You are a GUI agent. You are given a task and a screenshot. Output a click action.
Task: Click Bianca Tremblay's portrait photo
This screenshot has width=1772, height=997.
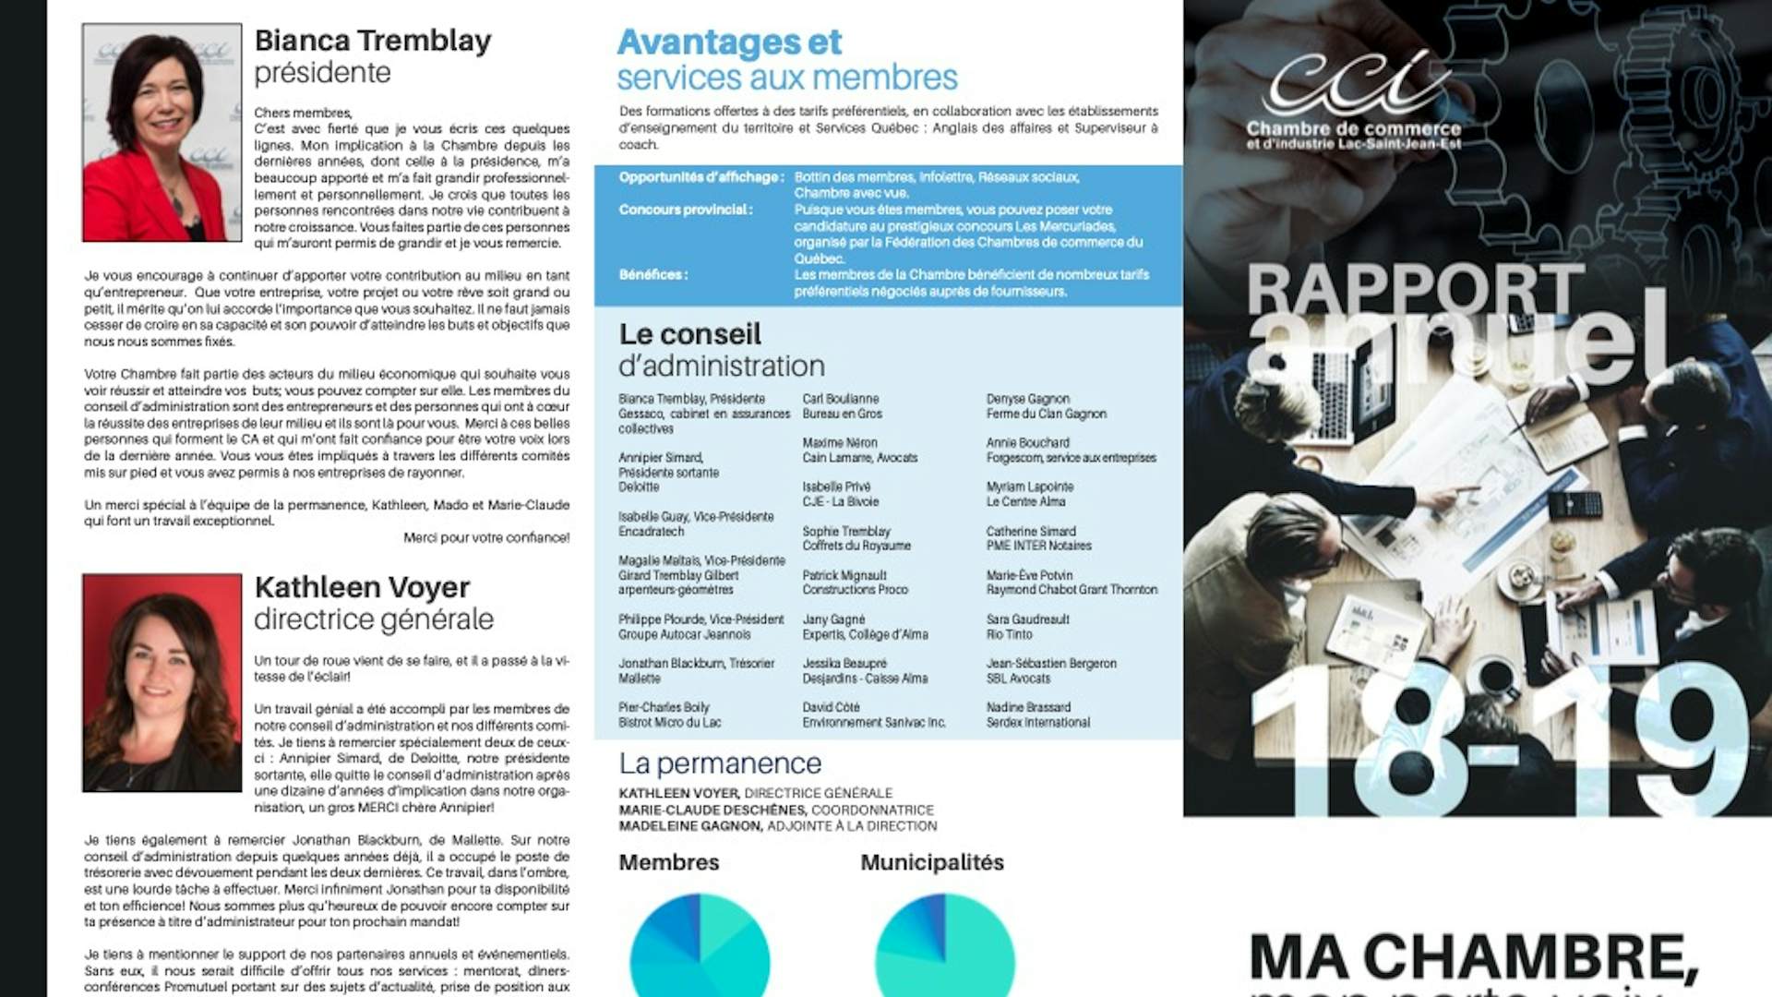(x=162, y=133)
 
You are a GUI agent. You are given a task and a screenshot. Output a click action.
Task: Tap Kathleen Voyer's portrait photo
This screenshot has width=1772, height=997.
(x=162, y=683)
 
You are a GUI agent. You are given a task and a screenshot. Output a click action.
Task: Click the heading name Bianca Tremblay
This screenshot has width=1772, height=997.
(x=373, y=41)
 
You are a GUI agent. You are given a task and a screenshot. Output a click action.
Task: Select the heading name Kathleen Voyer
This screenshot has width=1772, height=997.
(x=363, y=587)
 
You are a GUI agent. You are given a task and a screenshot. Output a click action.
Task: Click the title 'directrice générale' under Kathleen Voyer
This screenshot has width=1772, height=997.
(x=374, y=619)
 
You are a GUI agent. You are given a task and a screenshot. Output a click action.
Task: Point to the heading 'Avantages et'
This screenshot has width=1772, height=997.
(x=729, y=42)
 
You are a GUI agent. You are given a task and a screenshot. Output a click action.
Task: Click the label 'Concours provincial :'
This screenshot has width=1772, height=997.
(x=686, y=210)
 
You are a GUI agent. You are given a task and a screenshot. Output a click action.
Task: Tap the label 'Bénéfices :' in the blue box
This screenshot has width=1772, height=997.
(x=653, y=274)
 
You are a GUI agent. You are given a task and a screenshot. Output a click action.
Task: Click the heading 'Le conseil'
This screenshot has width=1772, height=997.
(x=690, y=334)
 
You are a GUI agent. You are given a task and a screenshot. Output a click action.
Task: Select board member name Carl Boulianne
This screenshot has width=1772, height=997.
(x=841, y=399)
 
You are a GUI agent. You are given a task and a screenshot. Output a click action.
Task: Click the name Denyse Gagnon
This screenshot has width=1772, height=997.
(x=1028, y=399)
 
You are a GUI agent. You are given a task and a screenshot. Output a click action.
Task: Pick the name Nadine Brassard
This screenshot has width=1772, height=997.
(x=1029, y=707)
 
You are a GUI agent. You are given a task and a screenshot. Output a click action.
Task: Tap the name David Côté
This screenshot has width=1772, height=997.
(x=831, y=707)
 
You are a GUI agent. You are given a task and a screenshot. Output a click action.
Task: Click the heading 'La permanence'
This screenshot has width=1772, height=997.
(x=720, y=763)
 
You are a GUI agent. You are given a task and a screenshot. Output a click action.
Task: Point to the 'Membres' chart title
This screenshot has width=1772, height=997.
(x=669, y=862)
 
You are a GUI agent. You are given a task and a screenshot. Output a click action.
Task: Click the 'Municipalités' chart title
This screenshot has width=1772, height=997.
(x=932, y=862)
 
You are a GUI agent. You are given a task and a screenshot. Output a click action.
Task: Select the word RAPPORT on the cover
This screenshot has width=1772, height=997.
(x=1416, y=289)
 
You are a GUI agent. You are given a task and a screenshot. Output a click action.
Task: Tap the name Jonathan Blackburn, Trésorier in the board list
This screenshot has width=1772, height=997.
(x=697, y=664)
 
